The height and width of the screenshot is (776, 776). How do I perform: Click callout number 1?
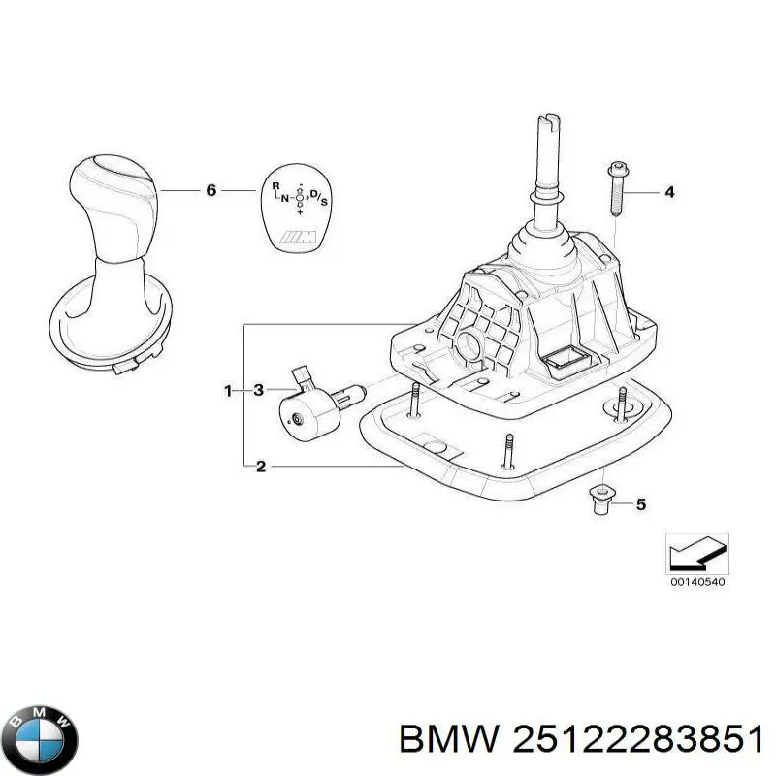click(228, 391)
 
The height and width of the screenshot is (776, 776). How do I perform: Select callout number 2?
click(261, 467)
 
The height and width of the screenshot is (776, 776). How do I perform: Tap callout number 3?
click(259, 391)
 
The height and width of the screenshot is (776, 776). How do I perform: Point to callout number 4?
click(669, 191)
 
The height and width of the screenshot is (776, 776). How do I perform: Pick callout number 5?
click(641, 504)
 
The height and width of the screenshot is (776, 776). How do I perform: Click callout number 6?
click(211, 190)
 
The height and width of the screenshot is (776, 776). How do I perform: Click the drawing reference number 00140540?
click(697, 582)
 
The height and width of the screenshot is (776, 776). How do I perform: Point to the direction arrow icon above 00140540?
click(696, 554)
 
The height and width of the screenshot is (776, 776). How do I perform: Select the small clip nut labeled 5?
click(600, 501)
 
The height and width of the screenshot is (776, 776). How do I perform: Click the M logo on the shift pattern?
click(299, 238)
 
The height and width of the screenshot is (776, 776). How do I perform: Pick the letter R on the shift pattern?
click(276, 186)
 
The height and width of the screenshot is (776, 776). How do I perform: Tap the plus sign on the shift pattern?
click(300, 211)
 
